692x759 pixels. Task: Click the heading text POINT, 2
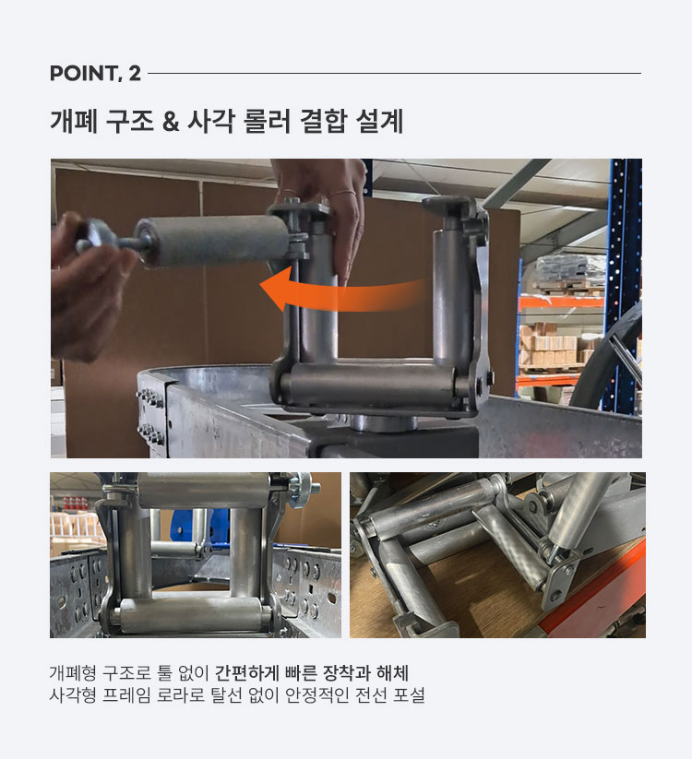pyautogui.click(x=95, y=74)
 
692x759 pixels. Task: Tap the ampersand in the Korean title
pyautogui.click(x=171, y=121)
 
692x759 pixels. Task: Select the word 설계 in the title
pyautogui.click(x=379, y=121)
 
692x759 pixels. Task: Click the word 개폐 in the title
pyautogui.click(x=74, y=121)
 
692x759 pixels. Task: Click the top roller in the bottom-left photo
pyautogui.click(x=204, y=491)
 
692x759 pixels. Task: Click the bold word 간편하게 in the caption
pyautogui.click(x=246, y=673)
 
